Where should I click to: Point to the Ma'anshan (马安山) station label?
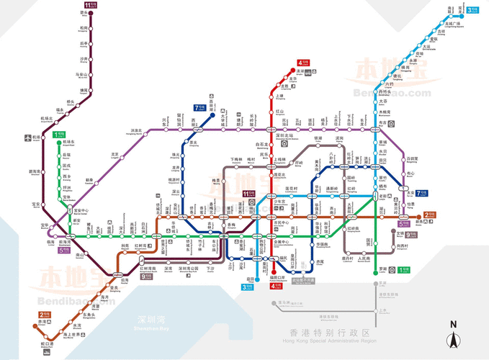tap(83, 74)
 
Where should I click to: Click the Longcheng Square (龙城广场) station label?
tap(453, 24)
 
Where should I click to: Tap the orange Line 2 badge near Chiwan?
tap(45, 315)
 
